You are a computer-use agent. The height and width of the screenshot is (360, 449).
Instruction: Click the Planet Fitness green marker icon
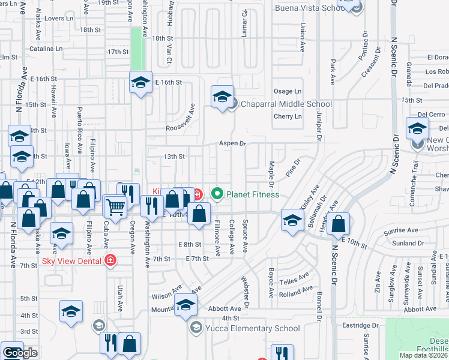pos(217,194)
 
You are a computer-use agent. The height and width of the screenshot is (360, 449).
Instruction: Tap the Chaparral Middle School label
pos(286,104)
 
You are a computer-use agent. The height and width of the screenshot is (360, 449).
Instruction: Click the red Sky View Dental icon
pos(110,260)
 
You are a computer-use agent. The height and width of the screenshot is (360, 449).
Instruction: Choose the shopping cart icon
pos(115,206)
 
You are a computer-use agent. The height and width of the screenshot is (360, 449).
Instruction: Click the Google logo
pos(20,353)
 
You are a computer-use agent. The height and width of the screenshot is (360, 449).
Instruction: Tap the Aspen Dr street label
pos(233,143)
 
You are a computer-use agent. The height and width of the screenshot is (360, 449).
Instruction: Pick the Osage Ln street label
pos(288,91)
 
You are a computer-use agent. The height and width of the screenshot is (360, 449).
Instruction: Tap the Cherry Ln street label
pos(288,116)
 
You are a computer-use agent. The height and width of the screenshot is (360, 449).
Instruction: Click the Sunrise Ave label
pos(402,230)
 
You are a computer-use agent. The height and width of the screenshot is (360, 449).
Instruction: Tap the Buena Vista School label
pos(310,8)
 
